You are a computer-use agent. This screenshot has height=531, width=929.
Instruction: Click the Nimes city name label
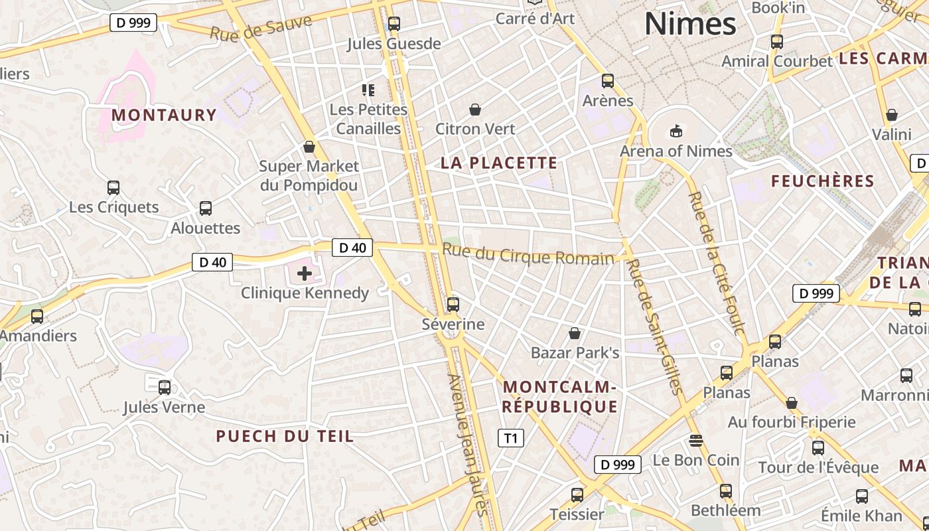point(690,24)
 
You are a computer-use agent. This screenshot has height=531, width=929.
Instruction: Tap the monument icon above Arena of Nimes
point(676,131)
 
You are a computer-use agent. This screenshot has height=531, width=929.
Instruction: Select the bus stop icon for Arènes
point(608,81)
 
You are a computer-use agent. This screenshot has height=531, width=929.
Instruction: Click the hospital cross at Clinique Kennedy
point(305,273)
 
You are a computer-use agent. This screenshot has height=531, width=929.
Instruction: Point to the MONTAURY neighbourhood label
point(164,115)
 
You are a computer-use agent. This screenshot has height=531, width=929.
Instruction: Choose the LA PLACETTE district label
point(499,163)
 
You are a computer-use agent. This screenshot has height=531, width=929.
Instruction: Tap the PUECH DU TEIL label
point(285,436)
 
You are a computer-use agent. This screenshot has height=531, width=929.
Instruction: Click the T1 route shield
point(510,438)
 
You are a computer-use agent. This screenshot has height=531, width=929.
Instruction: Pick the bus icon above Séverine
point(453,305)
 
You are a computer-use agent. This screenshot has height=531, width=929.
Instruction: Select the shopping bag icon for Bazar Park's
point(575,333)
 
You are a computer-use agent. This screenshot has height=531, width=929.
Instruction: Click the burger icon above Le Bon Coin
point(695,440)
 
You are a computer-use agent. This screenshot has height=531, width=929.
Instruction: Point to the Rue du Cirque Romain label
point(528,254)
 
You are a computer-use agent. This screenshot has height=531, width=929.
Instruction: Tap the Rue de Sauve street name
point(261,28)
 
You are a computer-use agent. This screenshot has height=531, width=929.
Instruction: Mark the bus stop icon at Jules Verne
point(164,387)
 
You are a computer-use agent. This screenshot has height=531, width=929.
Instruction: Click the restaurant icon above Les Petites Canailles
point(368,90)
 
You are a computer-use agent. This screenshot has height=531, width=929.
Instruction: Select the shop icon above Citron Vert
point(475,109)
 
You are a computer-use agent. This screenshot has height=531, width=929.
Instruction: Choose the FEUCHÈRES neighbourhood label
point(823,181)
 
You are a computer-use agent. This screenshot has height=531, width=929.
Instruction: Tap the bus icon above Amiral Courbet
point(776,42)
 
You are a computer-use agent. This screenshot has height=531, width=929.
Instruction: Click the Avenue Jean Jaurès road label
point(468,445)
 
